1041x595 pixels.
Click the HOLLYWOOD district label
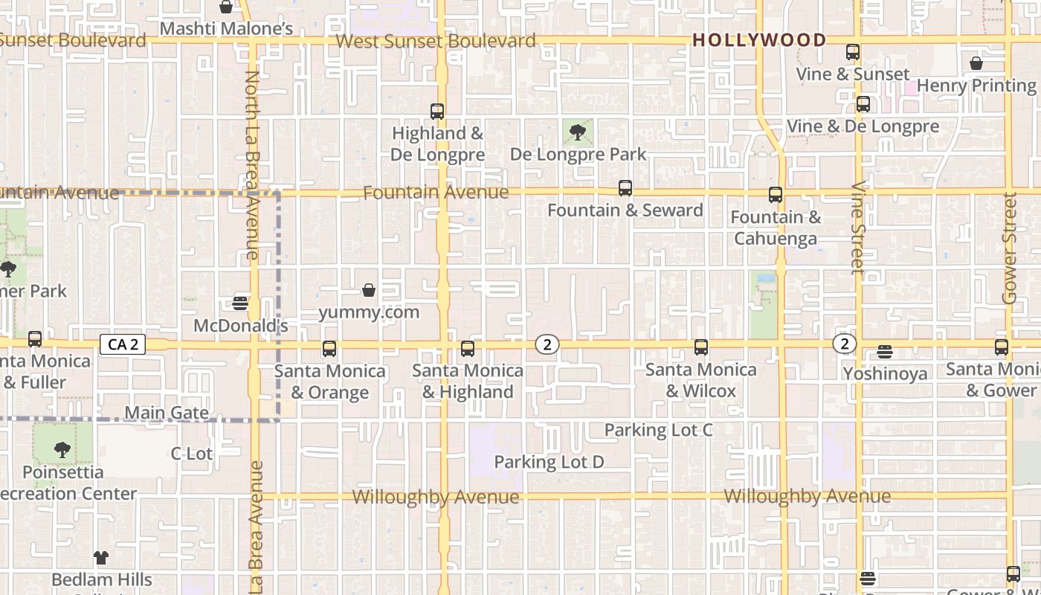tap(759, 40)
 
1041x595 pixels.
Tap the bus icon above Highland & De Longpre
tap(437, 112)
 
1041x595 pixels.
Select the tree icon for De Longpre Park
tap(577, 133)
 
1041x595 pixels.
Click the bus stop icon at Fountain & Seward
tap(625, 188)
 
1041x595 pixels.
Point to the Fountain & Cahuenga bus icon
tap(776, 195)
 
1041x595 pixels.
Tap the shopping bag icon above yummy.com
tap(369, 290)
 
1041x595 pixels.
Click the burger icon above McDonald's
tap(240, 303)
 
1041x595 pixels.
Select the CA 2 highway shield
tap(123, 344)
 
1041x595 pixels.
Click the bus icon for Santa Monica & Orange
tap(329, 348)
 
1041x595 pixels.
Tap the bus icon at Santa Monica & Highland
tap(468, 348)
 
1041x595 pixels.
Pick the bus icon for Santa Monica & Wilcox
tap(700, 347)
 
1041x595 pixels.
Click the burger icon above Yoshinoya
tap(885, 351)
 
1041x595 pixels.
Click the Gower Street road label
tap(1009, 248)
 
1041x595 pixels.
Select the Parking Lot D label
tap(549, 462)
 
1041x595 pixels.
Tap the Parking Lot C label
tap(658, 430)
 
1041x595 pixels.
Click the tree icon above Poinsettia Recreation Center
tap(62, 449)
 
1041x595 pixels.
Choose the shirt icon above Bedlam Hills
tap(101, 557)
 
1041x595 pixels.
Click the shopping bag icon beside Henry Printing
tap(976, 63)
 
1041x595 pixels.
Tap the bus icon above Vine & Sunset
tap(853, 52)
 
